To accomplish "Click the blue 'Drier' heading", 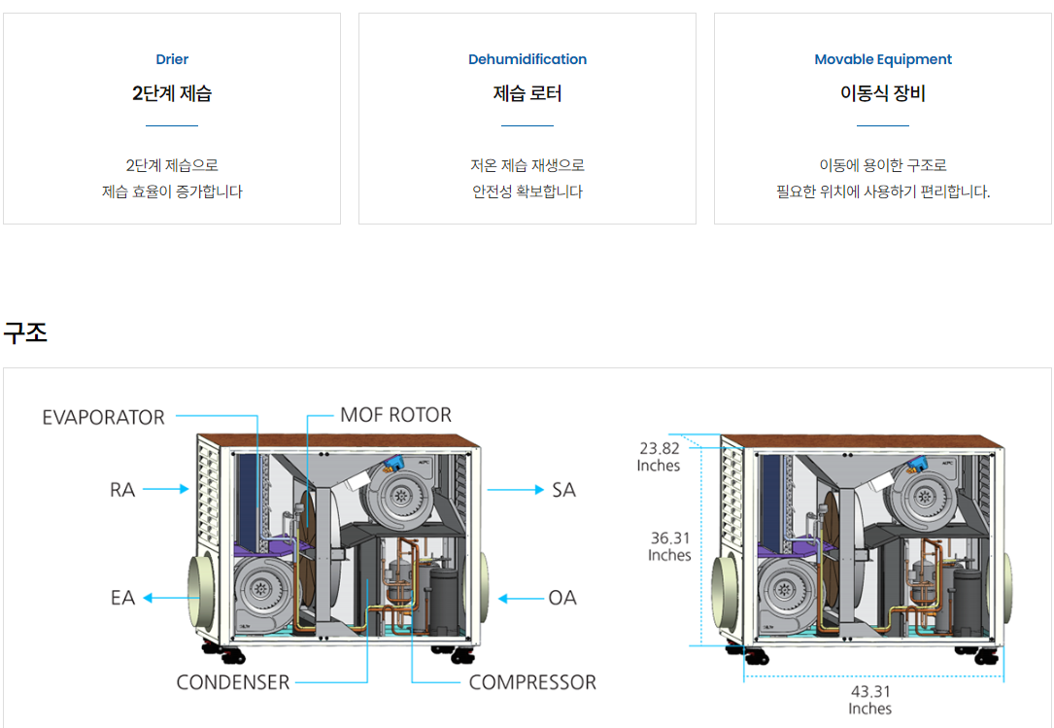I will click(x=172, y=59).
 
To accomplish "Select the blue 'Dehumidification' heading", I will click(x=527, y=59).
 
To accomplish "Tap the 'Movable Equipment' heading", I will click(x=883, y=59).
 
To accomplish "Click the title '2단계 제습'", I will click(x=172, y=93).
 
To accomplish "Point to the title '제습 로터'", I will click(x=527, y=93).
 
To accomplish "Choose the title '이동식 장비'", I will click(x=883, y=93).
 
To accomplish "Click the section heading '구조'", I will click(x=25, y=332).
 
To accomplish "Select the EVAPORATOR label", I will click(x=104, y=417).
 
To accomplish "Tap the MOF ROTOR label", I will click(x=395, y=415).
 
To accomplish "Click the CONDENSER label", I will click(x=233, y=682).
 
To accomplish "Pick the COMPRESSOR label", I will click(x=532, y=682).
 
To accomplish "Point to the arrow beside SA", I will click(x=515, y=490).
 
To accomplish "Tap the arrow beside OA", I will click(x=520, y=599).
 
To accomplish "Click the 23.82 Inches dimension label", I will click(x=659, y=457).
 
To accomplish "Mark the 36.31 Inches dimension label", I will click(x=670, y=546).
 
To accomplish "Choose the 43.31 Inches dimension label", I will click(x=869, y=700).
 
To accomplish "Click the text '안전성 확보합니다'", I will click(x=527, y=191).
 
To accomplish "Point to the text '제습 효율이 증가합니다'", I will click(x=172, y=191).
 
